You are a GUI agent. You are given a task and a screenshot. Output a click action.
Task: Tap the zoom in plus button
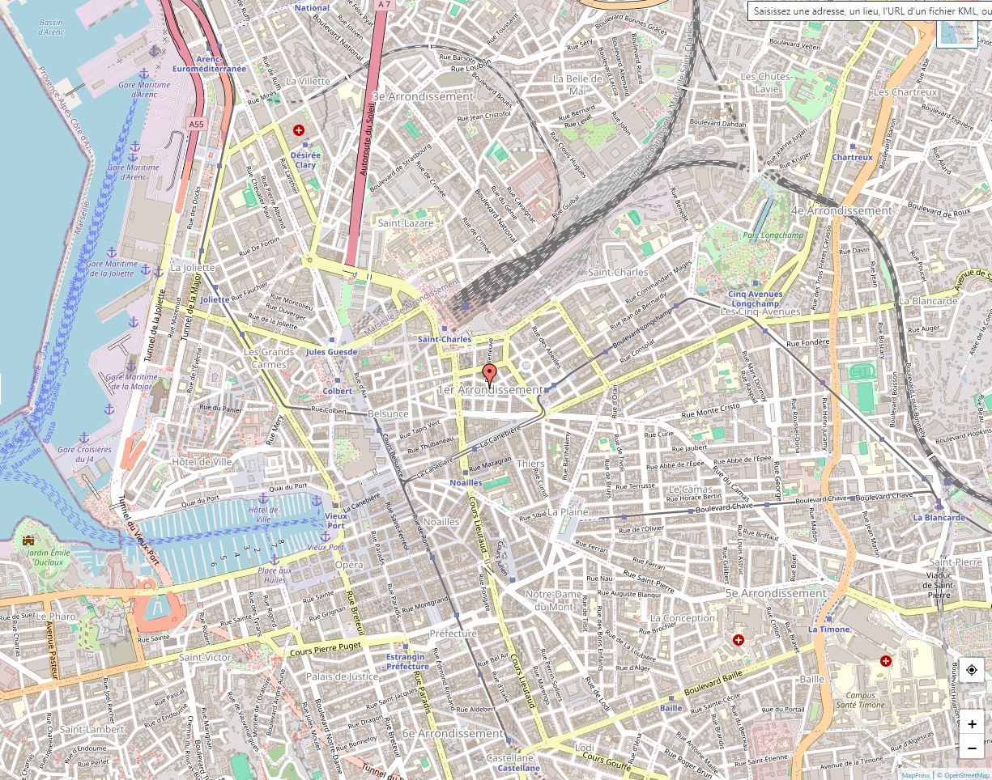pyautogui.click(x=972, y=724)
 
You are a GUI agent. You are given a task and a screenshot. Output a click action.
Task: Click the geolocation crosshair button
pyautogui.click(x=972, y=670)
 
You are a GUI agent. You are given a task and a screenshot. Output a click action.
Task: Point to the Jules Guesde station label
pyautogui.click(x=331, y=352)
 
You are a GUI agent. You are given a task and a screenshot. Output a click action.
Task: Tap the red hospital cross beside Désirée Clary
pyautogui.click(x=299, y=129)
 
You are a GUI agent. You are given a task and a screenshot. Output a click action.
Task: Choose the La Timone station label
pyautogui.click(x=828, y=629)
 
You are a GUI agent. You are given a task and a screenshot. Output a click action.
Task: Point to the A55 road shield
pyautogui.click(x=196, y=124)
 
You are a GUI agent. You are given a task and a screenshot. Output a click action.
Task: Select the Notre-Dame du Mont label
pyautogui.click(x=555, y=600)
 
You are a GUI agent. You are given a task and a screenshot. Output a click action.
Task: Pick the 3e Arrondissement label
pyautogui.click(x=422, y=96)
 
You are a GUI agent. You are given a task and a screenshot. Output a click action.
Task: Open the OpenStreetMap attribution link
pyautogui.click(x=964, y=775)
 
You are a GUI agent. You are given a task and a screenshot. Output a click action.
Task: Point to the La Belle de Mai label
pyautogui.click(x=577, y=84)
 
